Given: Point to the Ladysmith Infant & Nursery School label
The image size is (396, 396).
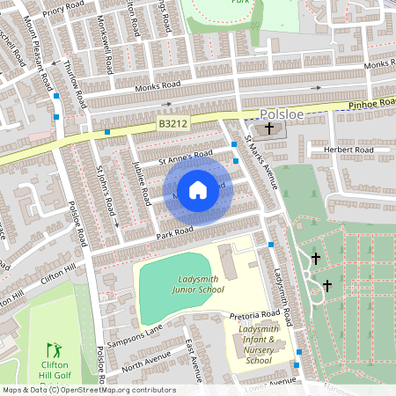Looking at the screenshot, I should click(x=259, y=344).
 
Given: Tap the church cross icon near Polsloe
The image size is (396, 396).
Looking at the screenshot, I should click(x=269, y=129).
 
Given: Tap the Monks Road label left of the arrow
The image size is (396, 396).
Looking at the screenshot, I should click(x=158, y=86).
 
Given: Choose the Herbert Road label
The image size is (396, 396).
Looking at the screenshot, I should click(x=348, y=150).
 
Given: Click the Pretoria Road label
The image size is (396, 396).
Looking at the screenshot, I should click(x=254, y=313).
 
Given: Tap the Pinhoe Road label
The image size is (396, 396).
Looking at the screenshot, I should click(x=372, y=103).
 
